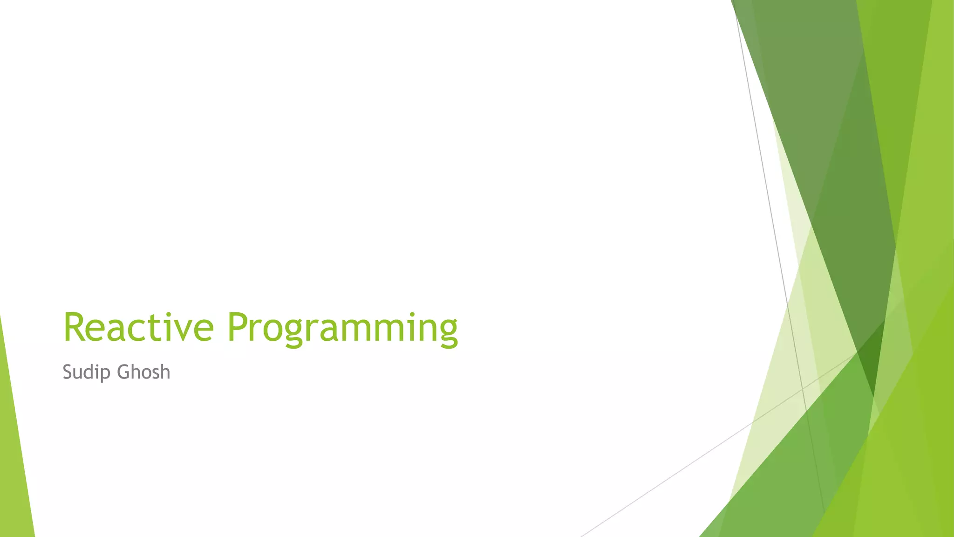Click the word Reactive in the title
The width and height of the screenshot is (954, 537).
[x=138, y=327]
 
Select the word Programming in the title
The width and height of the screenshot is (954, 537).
[x=342, y=329]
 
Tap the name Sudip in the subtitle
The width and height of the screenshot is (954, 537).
[x=87, y=372]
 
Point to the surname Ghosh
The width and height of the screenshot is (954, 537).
[x=143, y=372]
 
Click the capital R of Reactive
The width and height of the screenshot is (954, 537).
[x=74, y=327]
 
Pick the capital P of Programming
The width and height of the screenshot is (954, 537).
[x=238, y=327]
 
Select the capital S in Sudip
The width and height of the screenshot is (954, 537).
[x=68, y=372]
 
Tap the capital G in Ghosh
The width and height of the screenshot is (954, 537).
[x=123, y=372]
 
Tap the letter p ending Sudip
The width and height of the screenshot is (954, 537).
[x=107, y=374]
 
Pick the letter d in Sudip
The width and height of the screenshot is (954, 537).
[x=92, y=372]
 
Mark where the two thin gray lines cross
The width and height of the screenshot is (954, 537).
[x=802, y=388]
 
